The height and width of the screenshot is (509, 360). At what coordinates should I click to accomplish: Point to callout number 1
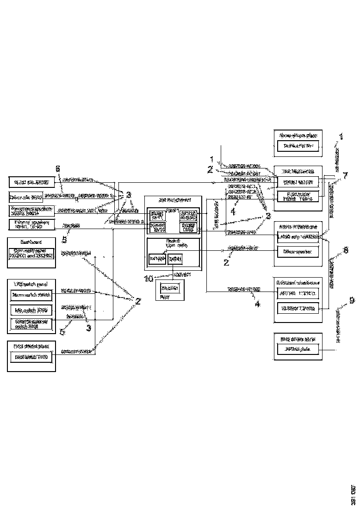coord(211,159)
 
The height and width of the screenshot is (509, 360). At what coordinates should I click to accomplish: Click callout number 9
coord(352,301)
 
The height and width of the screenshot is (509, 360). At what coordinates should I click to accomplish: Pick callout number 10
coord(148,279)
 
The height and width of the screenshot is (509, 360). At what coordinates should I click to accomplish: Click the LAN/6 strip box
coord(298,236)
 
